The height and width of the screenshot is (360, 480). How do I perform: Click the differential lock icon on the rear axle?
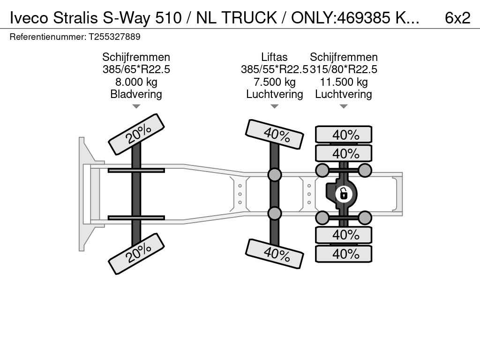[344, 194]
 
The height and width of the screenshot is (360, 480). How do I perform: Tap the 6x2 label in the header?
[457, 18]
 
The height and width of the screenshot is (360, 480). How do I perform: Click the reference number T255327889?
[114, 37]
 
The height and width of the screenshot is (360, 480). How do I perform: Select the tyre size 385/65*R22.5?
[136, 69]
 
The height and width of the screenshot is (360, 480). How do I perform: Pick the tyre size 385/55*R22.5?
[274, 69]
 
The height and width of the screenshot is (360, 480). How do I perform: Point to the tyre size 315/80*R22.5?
[344, 69]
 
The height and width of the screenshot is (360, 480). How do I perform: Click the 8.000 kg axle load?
[136, 82]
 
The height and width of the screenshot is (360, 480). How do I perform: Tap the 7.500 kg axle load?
[274, 82]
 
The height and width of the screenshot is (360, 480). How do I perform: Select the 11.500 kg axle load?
[344, 82]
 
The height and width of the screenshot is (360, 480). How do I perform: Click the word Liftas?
[274, 57]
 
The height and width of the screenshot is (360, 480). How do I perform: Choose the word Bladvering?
[136, 94]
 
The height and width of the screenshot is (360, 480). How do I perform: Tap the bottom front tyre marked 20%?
[136, 254]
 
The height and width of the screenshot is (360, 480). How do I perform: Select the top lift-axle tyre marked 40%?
[275, 135]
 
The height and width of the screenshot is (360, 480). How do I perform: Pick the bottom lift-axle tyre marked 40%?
[275, 254]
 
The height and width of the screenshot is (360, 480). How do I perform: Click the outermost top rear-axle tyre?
[344, 135]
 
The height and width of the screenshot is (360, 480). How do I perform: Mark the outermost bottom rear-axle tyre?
[344, 254]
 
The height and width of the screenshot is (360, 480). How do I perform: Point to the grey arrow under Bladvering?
[136, 106]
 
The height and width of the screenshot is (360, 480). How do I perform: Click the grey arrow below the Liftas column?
[274, 106]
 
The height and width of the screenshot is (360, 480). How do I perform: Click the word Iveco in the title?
[29, 18]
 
